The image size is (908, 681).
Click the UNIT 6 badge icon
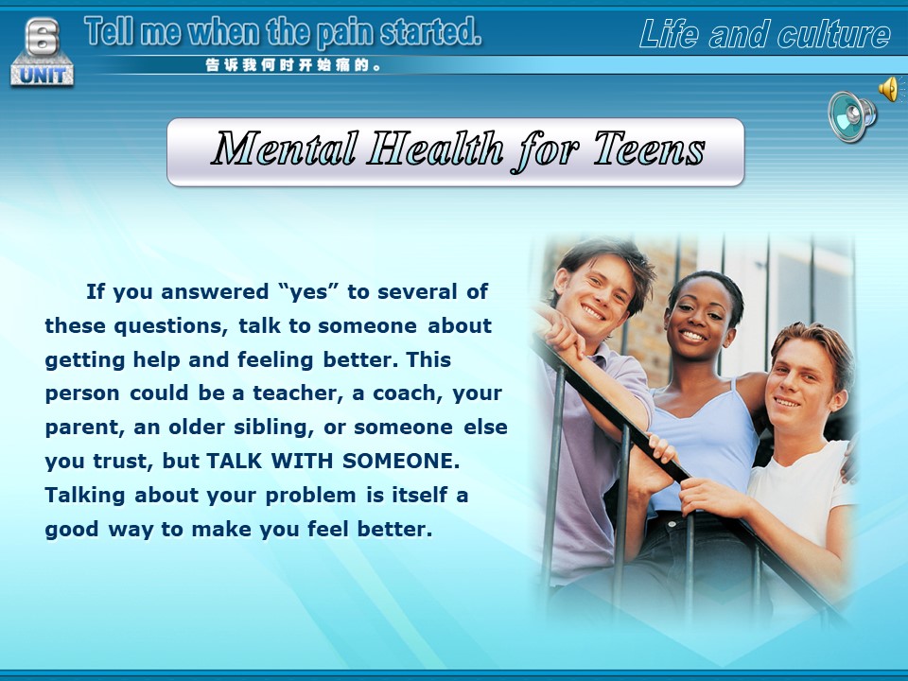click(42, 53)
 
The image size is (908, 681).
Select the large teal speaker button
click(851, 115)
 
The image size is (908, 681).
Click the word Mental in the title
click(284, 148)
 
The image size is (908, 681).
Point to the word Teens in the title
click(649, 148)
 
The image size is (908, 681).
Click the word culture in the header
click(834, 34)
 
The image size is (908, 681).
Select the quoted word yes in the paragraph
click(308, 291)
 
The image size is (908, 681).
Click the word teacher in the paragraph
click(294, 393)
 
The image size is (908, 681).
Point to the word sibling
click(274, 428)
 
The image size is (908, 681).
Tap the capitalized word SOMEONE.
click(401, 461)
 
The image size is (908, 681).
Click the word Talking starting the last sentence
click(85, 496)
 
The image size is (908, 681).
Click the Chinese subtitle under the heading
click(293, 65)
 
